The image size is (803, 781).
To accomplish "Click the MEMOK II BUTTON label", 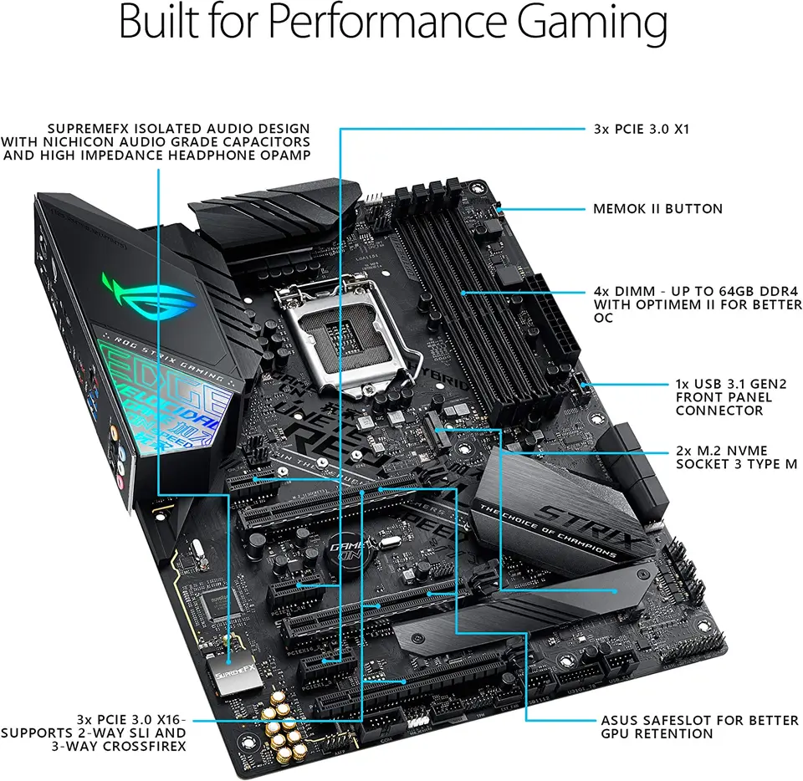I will point(657,208).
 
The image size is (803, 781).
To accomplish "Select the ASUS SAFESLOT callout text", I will point(699,727).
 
